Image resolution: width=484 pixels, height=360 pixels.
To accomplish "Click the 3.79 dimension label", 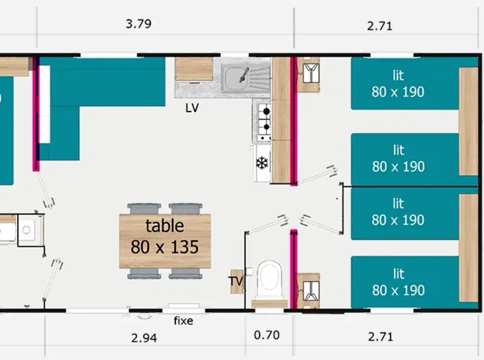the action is point(138,24).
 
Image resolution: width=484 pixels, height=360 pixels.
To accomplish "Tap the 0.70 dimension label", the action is point(267,335).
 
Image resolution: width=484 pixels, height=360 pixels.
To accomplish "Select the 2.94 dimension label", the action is point(144,338).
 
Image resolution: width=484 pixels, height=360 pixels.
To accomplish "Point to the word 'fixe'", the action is point(183,321).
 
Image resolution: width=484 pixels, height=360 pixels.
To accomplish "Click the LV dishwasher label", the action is point(192,108).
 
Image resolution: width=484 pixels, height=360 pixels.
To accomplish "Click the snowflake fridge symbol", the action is point(262,163).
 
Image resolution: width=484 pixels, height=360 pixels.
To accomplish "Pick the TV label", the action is point(236,281).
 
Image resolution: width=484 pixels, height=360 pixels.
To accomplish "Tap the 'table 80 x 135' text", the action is point(165,236).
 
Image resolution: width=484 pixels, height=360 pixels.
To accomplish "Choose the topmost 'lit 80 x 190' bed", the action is point(405,83).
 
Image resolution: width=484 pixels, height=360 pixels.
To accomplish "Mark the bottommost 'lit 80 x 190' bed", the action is point(405,282).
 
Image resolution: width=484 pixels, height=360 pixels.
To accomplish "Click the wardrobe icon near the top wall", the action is point(311,73).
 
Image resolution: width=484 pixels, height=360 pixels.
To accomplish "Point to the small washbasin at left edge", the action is point(26,230).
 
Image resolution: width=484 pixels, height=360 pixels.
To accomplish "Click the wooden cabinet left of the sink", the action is point(194,69).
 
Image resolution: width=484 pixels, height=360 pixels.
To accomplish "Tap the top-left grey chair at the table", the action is point(144,209).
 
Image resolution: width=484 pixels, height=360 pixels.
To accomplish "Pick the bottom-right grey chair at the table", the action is point(186,273).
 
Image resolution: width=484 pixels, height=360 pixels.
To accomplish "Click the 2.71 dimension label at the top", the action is point(380,26).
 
